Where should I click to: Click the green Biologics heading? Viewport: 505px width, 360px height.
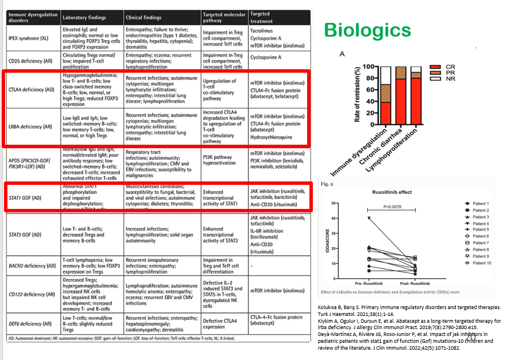click(x=367, y=30)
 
